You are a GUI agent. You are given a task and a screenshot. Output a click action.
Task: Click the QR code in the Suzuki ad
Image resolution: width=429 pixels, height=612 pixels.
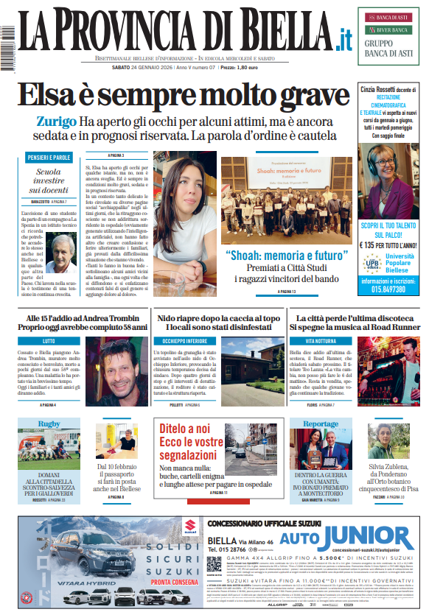214,564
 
